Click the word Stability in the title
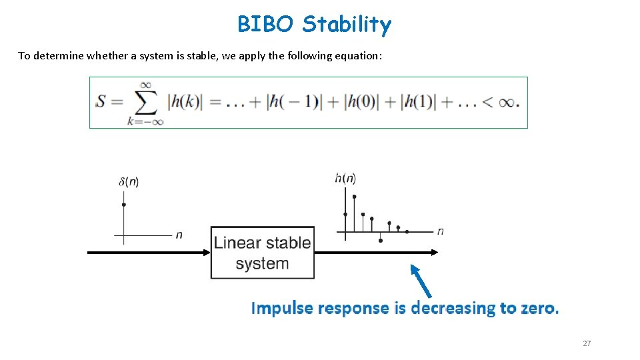point(346,25)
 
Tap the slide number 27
point(587,343)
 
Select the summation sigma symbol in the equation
point(146,102)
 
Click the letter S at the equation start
point(101,102)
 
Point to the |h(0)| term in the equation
point(364,102)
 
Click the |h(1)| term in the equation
point(418,102)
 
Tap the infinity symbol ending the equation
point(507,102)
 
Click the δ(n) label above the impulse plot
point(128,182)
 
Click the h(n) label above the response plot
point(345,178)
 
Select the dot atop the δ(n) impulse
point(124,205)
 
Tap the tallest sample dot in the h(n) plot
point(354,197)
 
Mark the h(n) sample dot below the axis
point(381,241)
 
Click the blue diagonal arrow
point(421,281)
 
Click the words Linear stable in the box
point(262,243)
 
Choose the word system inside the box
point(262,263)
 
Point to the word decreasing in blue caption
point(453,308)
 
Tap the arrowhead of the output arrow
point(435,252)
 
